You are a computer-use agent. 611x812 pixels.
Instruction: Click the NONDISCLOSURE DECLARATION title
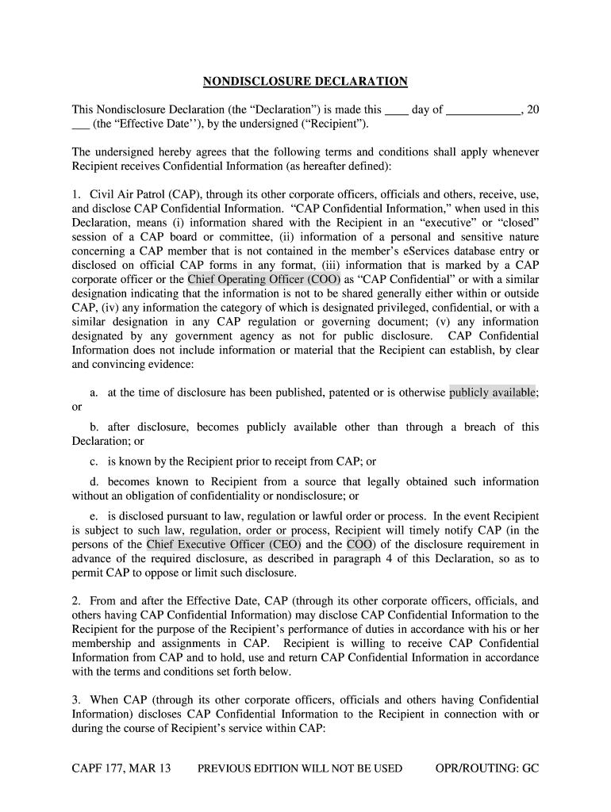pos(305,82)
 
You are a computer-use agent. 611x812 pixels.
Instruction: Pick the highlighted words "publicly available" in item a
pos(493,392)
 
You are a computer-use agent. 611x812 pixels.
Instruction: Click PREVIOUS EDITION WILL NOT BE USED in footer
pos(300,768)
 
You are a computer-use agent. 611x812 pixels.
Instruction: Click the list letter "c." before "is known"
pos(95,462)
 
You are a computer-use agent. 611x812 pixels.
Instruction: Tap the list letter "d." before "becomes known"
pos(95,481)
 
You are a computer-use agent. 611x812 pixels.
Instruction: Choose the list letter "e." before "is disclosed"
pos(95,516)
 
